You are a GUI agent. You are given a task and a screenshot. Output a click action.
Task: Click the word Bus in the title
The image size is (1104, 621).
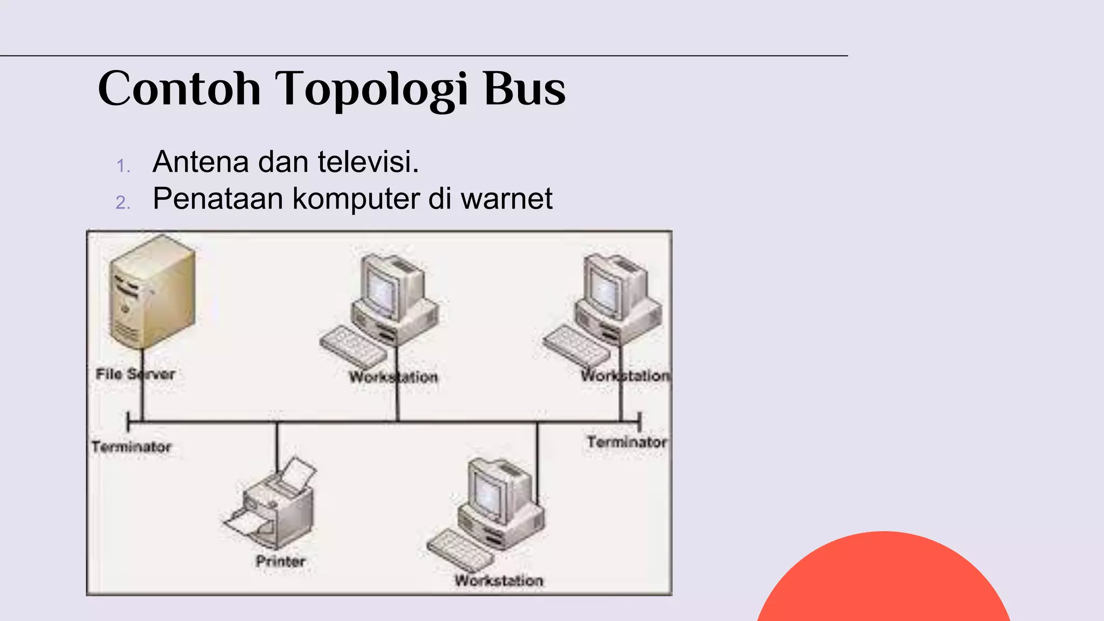525,89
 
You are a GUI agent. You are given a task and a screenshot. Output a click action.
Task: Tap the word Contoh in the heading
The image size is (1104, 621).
180,89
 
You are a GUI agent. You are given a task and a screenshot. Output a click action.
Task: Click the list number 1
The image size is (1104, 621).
123,165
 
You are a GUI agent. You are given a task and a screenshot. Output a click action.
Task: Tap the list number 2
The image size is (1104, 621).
123,203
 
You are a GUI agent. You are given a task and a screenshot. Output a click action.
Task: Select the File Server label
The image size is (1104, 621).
135,374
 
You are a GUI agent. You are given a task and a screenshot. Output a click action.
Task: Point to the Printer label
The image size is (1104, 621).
280,561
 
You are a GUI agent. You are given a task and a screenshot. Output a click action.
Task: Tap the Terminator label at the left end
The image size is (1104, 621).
131,447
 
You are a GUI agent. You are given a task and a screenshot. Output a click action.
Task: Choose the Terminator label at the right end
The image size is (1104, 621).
626,442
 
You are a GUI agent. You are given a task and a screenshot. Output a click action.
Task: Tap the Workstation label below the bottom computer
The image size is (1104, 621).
499,581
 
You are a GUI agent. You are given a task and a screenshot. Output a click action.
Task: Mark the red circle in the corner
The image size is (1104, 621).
884,582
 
